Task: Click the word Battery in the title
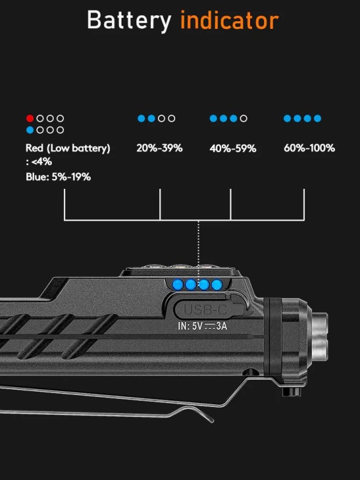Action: click(x=129, y=21)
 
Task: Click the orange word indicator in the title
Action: click(x=230, y=20)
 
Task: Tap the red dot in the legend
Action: click(x=29, y=118)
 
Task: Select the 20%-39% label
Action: click(x=159, y=148)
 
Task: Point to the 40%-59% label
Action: click(x=233, y=148)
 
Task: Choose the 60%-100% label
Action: click(x=309, y=148)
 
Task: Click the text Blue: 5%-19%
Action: click(x=58, y=177)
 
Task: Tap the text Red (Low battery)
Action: click(x=68, y=148)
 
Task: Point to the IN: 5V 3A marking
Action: click(x=203, y=326)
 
